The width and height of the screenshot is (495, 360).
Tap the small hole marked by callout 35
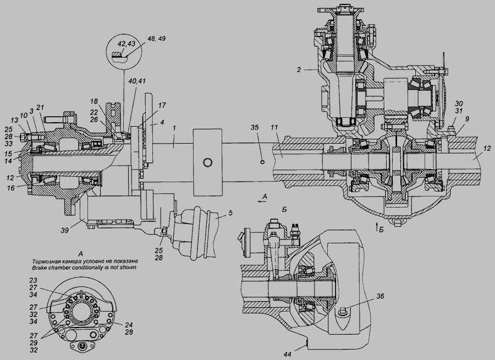pyautogui.click(x=263, y=162)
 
